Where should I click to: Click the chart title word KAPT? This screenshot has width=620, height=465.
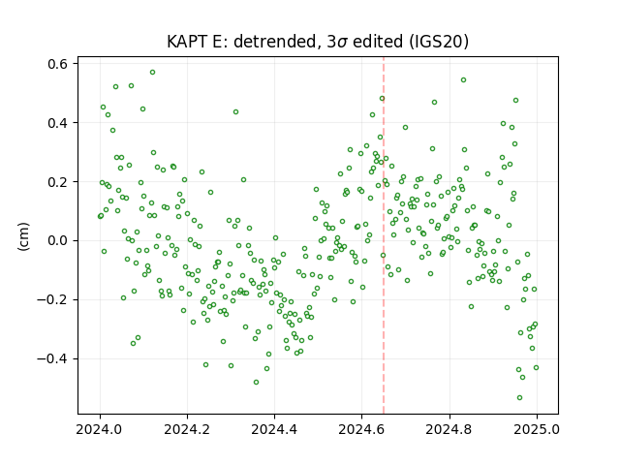pyautogui.click(x=187, y=42)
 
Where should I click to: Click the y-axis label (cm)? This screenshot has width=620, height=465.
pyautogui.click(x=23, y=236)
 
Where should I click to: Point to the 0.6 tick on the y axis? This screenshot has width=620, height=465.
pyautogui.click(x=58, y=64)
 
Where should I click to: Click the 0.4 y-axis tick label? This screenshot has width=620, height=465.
pyautogui.click(x=58, y=123)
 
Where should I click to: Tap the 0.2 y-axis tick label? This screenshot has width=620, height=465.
pyautogui.click(x=58, y=182)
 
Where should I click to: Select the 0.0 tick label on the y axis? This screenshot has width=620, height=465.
pyautogui.click(x=58, y=241)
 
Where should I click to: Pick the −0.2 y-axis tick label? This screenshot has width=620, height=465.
pyautogui.click(x=53, y=299)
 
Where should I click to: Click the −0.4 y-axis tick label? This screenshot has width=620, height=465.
pyautogui.click(x=53, y=359)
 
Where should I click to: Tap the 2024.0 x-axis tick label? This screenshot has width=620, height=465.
pyautogui.click(x=100, y=429)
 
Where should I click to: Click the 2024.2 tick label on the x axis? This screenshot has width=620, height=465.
pyautogui.click(x=187, y=429)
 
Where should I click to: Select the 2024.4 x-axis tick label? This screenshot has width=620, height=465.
pyautogui.click(x=274, y=429)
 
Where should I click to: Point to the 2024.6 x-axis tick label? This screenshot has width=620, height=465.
pyautogui.click(x=361, y=429)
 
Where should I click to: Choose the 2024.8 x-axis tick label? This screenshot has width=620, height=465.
pyautogui.click(x=449, y=429)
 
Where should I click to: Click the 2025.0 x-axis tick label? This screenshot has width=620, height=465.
pyautogui.click(x=537, y=429)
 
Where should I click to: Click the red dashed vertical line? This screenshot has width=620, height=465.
pyautogui.click(x=384, y=235)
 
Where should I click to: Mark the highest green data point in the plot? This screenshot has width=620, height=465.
pyautogui.click(x=153, y=73)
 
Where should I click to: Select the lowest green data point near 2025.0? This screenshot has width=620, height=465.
pyautogui.click(x=519, y=398)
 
